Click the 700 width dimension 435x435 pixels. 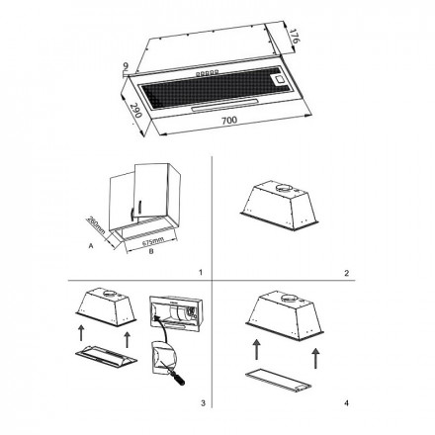coord(229,121)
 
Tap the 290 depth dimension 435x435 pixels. coord(135,111)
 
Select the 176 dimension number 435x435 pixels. coord(293,37)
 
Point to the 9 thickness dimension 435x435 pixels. coord(126,67)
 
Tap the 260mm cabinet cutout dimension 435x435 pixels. coord(95,225)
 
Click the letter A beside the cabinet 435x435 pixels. coord(91,245)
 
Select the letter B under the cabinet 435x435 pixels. coord(151,251)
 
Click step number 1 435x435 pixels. coord(201,273)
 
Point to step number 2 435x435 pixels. coord(346,273)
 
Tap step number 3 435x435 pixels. coord(203,402)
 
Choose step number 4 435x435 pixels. coord(346,402)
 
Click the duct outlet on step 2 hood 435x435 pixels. coord(284,189)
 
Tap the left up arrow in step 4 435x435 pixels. coord(257,349)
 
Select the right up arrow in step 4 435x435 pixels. coord(315,358)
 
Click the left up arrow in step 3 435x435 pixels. coord(81,332)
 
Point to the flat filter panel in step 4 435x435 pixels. coord(279,382)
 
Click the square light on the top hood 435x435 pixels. coord(279,79)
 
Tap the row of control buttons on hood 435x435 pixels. coord(208,72)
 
